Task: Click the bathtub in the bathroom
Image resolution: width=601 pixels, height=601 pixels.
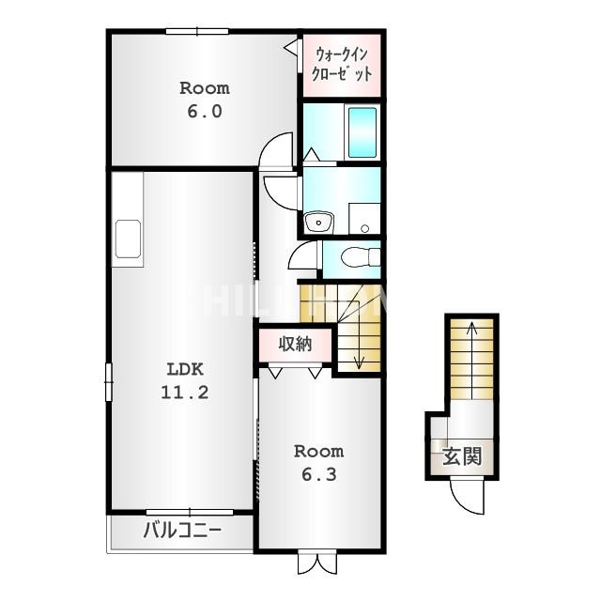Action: (x=362, y=131)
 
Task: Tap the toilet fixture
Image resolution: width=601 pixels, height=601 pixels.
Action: (x=361, y=256)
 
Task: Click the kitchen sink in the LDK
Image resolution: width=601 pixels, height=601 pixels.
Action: (x=128, y=239)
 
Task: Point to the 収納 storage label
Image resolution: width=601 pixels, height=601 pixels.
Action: (x=295, y=345)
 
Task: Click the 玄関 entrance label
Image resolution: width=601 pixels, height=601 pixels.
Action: (x=462, y=456)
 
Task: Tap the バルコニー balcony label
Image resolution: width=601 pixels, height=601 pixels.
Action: (x=182, y=531)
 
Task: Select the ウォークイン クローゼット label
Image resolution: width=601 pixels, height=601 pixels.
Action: (x=342, y=64)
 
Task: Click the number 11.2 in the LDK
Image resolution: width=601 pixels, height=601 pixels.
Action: (x=185, y=393)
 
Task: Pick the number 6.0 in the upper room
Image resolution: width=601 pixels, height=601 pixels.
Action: (x=205, y=112)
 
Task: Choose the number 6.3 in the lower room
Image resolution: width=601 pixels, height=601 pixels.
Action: (x=319, y=475)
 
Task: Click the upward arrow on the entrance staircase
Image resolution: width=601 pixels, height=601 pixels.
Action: (x=471, y=361)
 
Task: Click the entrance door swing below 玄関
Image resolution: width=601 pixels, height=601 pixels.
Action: (x=467, y=497)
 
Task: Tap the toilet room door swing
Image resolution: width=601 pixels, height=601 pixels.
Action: (x=302, y=255)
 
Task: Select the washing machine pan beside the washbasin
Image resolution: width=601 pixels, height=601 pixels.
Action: (x=364, y=219)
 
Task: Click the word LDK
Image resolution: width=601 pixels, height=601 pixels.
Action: (x=185, y=369)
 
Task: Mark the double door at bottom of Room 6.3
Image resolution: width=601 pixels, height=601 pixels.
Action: (x=317, y=562)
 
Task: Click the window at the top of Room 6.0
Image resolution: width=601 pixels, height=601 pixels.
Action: (x=197, y=31)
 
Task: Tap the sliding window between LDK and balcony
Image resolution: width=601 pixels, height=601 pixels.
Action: (x=190, y=512)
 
